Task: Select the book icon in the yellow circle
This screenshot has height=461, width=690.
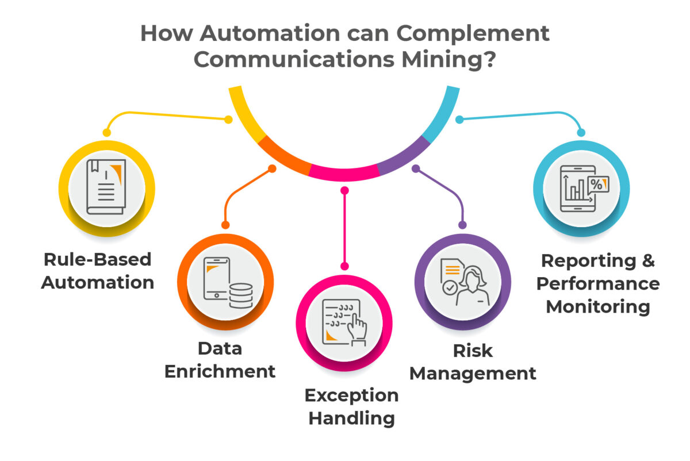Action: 106,187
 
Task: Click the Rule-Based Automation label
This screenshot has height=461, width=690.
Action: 98,270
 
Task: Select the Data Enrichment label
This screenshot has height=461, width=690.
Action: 220,359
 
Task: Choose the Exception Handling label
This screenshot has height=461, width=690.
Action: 351,406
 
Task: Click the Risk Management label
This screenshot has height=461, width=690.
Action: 473,362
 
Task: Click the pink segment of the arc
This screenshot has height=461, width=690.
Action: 344,171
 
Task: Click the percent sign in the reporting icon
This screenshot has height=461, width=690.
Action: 596,185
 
